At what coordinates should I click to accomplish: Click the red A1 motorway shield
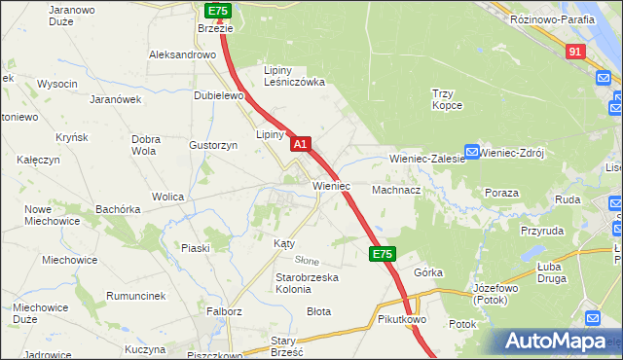coord(301,144)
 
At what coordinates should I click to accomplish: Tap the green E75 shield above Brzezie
coord(217,10)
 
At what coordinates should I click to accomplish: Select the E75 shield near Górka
coord(382,254)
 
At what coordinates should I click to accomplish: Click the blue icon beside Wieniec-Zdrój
coord(472,152)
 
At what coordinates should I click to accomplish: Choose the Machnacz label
coord(395,191)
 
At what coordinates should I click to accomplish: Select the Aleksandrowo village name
coord(182,55)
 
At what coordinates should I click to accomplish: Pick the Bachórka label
coord(118,209)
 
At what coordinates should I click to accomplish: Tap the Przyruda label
coord(542,232)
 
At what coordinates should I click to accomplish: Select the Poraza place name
coord(501,193)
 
